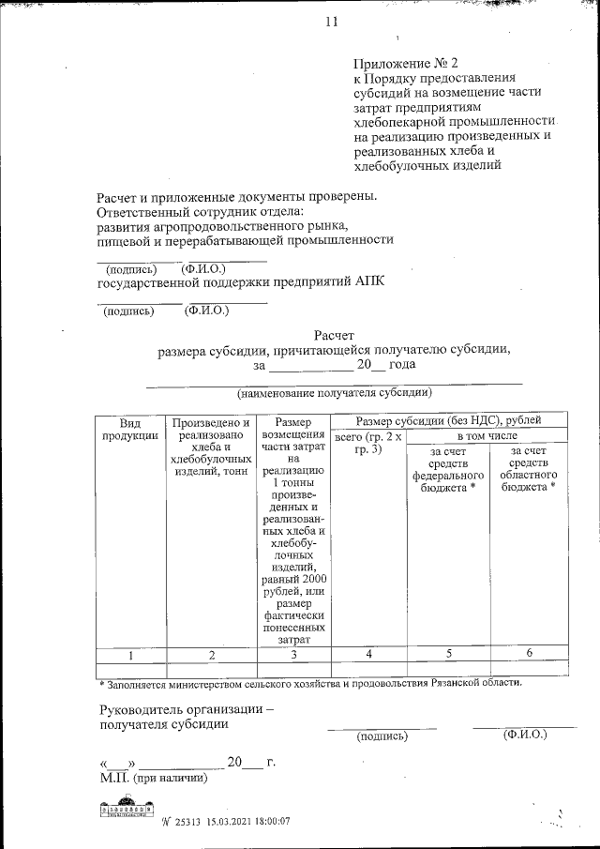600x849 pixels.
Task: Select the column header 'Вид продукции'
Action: coord(129,429)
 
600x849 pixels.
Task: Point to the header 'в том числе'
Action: coord(487,437)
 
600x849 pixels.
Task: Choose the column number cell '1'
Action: coord(129,654)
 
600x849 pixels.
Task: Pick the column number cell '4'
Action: coord(368,654)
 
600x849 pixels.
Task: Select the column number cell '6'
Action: coord(529,653)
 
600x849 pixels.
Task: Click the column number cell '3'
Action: coord(293,655)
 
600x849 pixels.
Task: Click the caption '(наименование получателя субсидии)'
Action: coord(334,392)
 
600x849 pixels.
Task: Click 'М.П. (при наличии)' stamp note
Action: coord(153,778)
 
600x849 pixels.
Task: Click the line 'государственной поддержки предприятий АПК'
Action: coord(241,280)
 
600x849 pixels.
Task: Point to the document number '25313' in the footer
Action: coord(188,821)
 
